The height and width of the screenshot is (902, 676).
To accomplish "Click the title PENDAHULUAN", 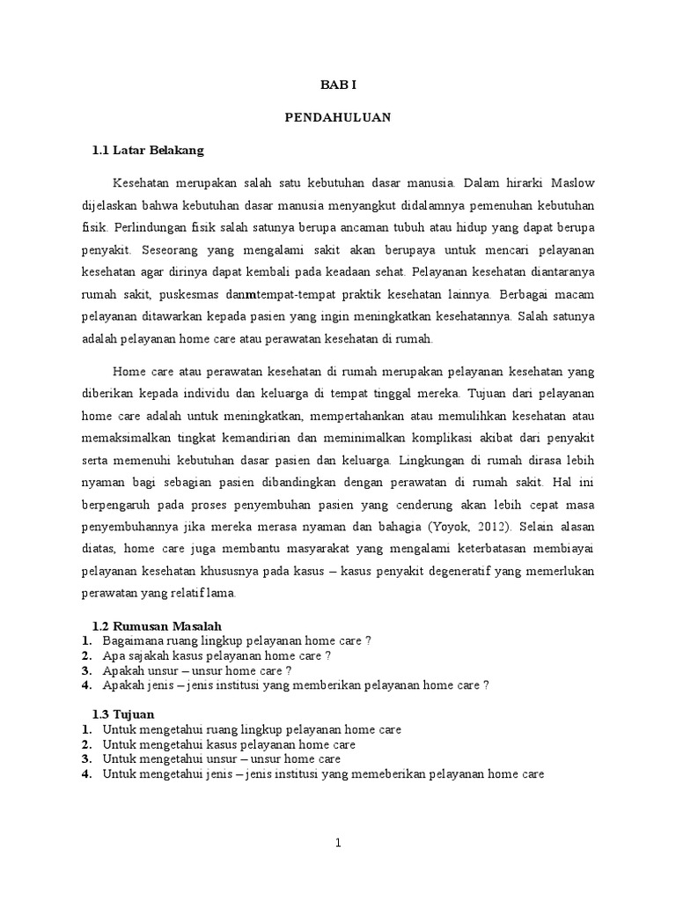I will pos(338,117).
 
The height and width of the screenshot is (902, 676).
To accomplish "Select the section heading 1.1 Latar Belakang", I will pos(148,151).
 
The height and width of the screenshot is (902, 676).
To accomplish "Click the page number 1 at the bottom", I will pos(338,843).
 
